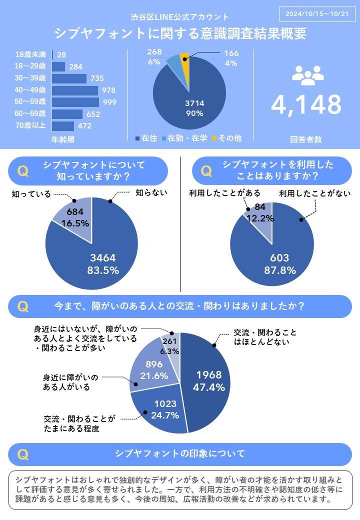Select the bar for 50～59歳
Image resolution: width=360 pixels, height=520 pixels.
pos(75,102)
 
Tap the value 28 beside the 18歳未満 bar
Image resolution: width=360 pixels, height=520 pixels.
pos(61,54)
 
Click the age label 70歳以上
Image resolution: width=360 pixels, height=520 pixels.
pos(30,125)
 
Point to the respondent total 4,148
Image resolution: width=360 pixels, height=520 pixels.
pos(306,104)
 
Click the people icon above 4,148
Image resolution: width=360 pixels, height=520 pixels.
pos(306,75)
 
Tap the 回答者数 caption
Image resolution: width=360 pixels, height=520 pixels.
pos(306,140)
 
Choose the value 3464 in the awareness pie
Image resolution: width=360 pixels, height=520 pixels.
pos(102,258)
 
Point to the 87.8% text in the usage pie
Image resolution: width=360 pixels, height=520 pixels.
pos(279,270)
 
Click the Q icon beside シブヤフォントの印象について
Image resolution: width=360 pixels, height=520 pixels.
pos(22,454)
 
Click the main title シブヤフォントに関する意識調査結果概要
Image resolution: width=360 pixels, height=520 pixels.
pos(180,33)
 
